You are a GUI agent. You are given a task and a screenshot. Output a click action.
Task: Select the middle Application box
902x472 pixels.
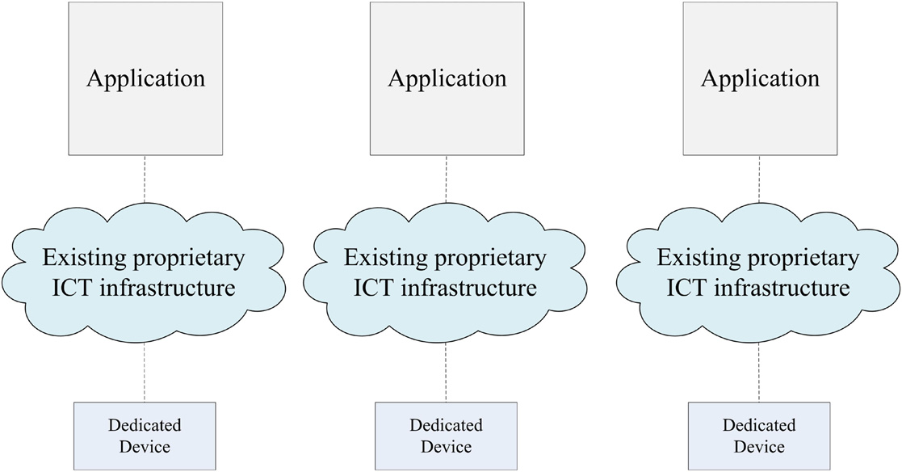tap(447, 78)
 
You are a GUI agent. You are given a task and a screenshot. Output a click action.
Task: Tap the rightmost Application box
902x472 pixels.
tap(759, 78)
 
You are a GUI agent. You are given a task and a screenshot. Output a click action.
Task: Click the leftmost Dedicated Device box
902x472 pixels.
tap(145, 435)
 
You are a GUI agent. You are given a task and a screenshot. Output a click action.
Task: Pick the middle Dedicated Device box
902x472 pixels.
tap(447, 435)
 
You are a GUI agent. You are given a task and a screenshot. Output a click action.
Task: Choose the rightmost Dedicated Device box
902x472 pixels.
tap(759, 435)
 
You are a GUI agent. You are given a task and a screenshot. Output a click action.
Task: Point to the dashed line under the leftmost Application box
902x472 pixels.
tap(145, 179)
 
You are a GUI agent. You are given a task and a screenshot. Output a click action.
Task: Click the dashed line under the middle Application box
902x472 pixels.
tap(447, 179)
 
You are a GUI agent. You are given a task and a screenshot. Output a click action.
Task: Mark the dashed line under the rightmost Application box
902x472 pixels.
tap(759, 179)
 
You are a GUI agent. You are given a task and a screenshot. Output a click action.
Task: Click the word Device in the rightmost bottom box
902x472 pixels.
tap(759, 445)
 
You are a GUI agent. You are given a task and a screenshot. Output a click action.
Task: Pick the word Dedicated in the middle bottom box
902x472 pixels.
tap(447, 425)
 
